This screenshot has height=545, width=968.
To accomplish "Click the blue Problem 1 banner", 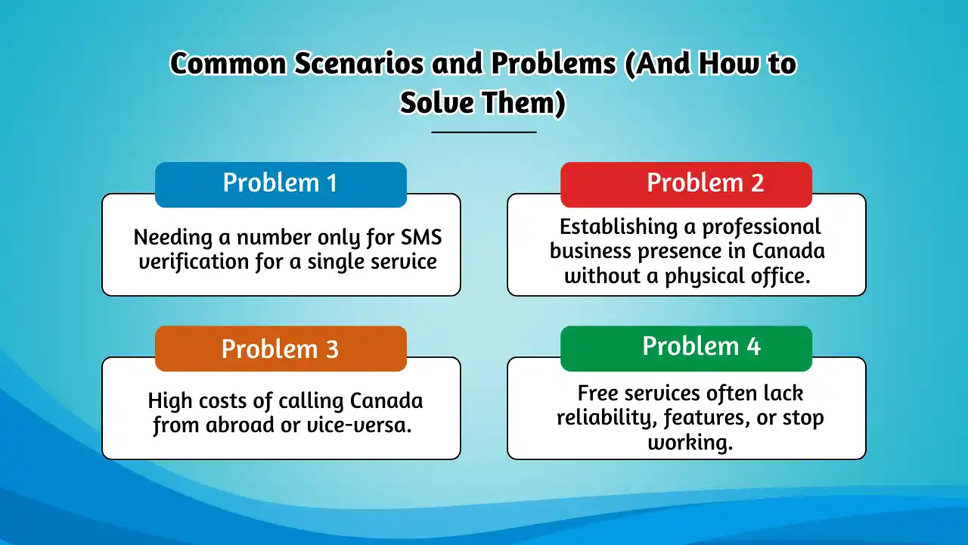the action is click(281, 185).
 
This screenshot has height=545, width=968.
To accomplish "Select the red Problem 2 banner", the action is click(686, 185).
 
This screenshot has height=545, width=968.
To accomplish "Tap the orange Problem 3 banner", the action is click(281, 349).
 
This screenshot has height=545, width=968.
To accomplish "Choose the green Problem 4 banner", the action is click(686, 349).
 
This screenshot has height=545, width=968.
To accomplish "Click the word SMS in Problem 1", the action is click(421, 237).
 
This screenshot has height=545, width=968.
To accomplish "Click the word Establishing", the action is click(619, 227).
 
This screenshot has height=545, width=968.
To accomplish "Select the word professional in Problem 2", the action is click(761, 227).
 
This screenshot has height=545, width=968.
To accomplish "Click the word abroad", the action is click(240, 425).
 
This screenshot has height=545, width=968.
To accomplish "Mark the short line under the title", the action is click(484, 132).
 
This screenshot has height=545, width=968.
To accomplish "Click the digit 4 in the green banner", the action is click(753, 347).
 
